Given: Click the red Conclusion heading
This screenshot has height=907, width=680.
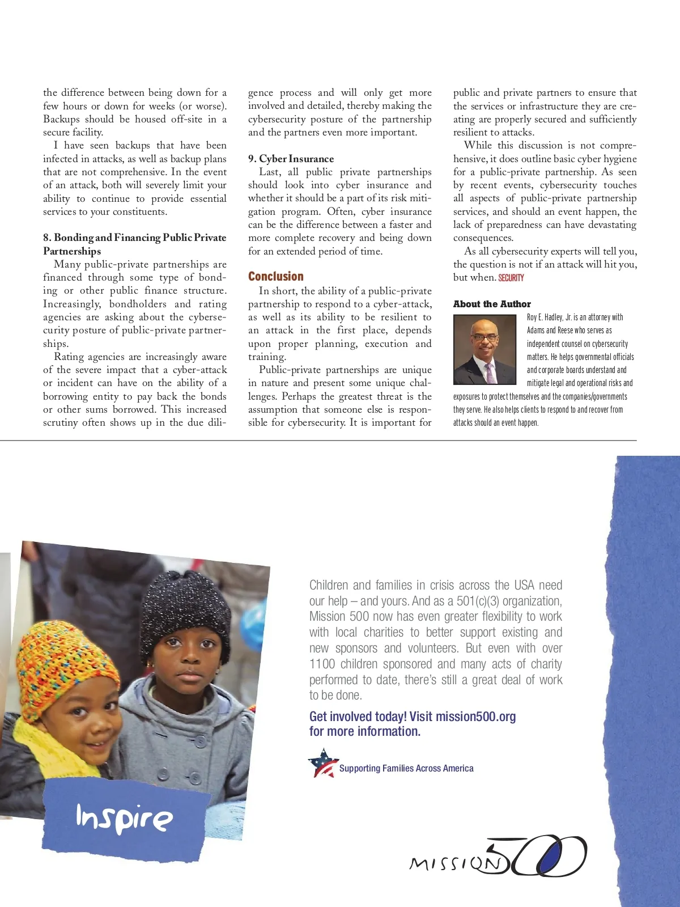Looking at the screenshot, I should (276, 277).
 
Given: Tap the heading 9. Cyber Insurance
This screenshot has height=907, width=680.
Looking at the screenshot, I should (291, 159).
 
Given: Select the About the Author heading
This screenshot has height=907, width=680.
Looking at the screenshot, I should (492, 304).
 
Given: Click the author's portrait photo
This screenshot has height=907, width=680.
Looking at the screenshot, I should (485, 350).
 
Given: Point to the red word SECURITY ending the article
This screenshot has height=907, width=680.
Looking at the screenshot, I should (511, 278).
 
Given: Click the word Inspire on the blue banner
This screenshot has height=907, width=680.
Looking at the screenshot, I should (124, 818).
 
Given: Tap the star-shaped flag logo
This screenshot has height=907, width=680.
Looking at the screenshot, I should (322, 764).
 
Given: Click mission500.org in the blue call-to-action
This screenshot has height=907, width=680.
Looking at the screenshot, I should (476, 717).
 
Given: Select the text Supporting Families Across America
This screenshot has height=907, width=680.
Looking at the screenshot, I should (406, 769).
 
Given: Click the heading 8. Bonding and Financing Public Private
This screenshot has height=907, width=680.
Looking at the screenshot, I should (135, 238).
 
